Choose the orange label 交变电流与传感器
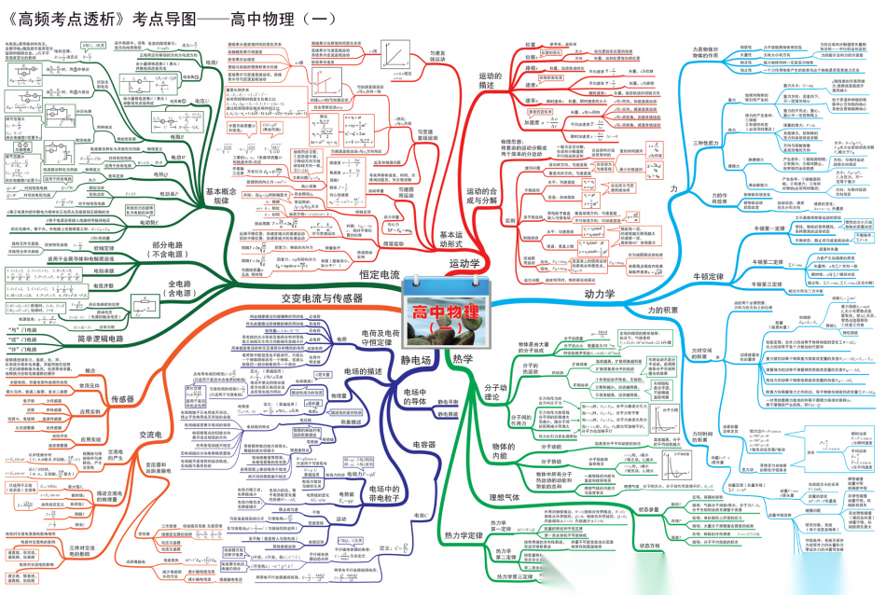[321, 297]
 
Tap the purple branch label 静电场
[416, 359]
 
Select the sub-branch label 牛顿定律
[705, 277]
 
